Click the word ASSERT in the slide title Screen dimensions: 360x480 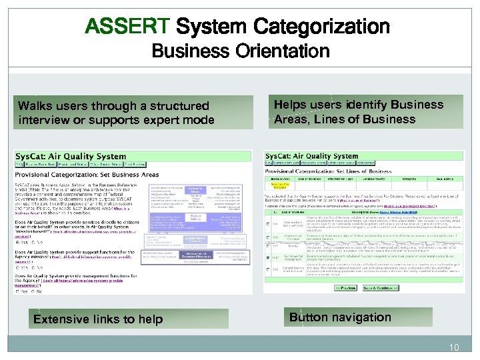(127, 27)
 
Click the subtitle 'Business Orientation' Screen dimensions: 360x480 (240, 51)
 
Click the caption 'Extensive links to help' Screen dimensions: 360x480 (98, 319)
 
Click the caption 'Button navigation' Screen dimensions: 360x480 (340, 317)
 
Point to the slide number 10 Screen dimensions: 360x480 (455, 347)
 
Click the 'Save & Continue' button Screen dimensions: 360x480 (380, 287)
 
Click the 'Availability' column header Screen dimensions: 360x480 (450, 179)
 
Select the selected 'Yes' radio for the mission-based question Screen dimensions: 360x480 (19, 243)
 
